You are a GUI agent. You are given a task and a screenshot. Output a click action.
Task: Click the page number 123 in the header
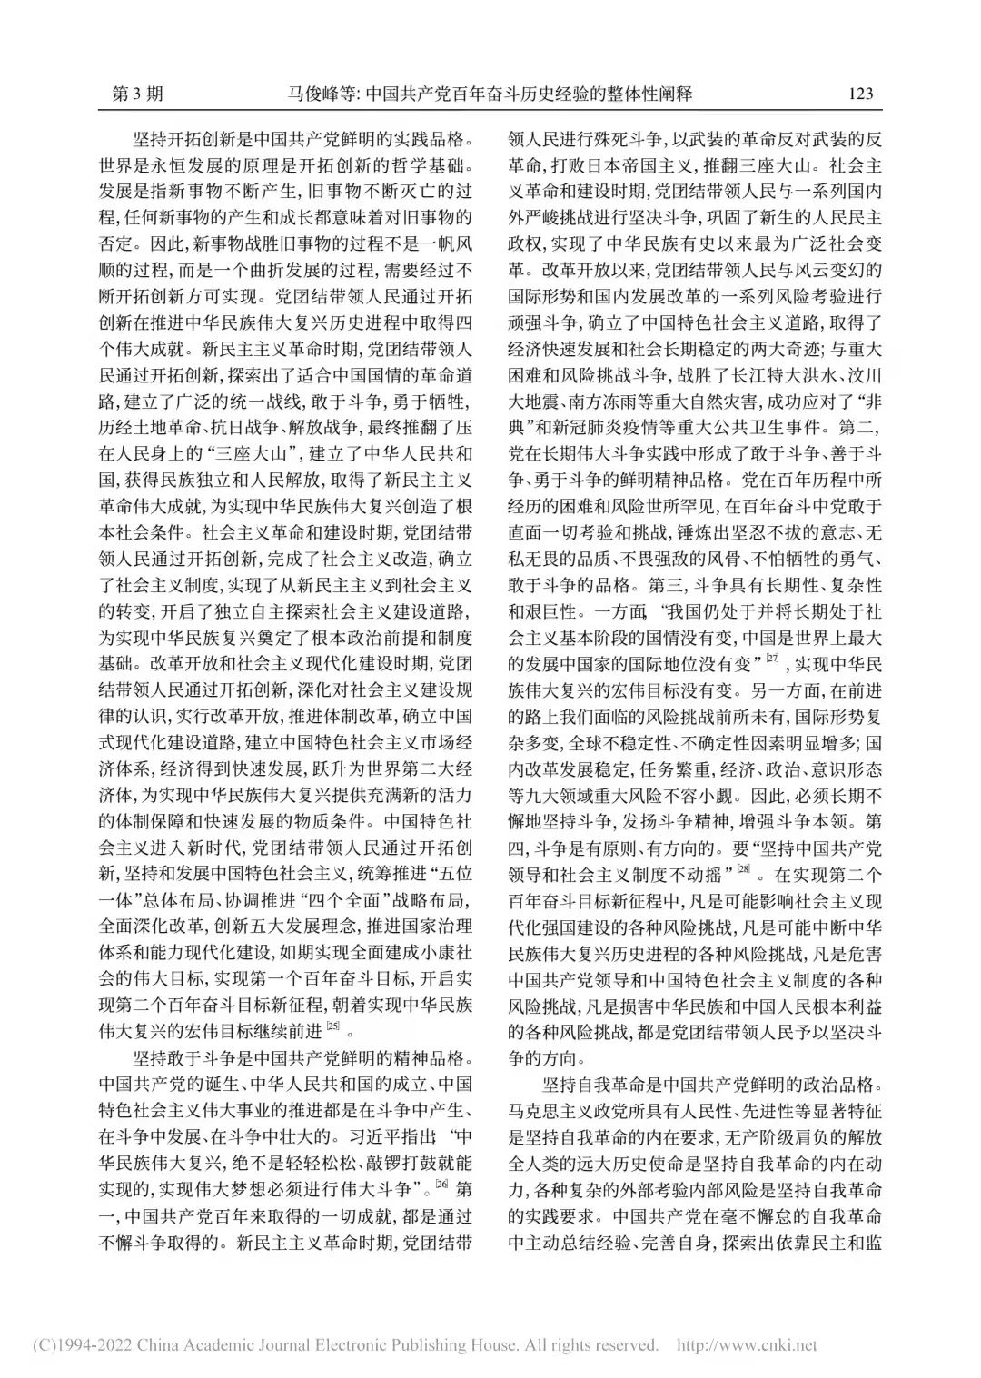pyautogui.click(x=859, y=94)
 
